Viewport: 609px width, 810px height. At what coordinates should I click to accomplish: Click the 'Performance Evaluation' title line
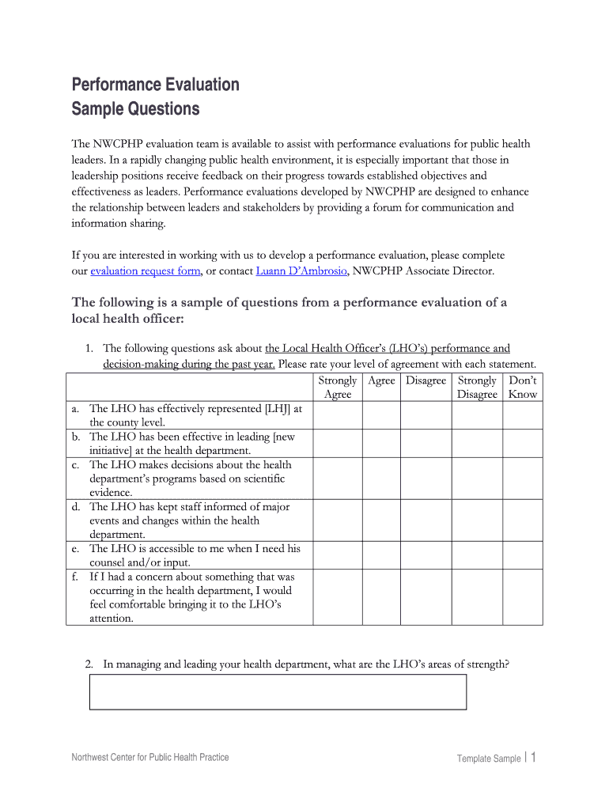tap(155, 85)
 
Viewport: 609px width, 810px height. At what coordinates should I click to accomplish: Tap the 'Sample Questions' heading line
tap(135, 108)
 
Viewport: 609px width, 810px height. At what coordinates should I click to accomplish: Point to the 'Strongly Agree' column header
tap(338, 387)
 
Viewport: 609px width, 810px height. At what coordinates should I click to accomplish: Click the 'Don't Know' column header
tap(523, 387)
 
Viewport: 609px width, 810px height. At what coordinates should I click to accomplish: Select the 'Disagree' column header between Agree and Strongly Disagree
tap(426, 380)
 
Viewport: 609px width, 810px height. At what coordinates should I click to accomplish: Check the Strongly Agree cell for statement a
tap(338, 415)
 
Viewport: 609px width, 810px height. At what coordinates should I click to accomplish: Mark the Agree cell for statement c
tap(381, 478)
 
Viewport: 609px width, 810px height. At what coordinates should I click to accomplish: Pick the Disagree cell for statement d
tap(426, 520)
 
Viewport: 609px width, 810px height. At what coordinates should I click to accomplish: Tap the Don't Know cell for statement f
tap(523, 597)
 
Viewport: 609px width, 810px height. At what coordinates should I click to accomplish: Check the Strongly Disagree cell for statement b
tap(477, 443)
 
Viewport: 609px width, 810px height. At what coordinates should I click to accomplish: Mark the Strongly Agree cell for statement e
tap(338, 555)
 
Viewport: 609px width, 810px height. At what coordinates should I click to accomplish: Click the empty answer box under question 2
tap(278, 692)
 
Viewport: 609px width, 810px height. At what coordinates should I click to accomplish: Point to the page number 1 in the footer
tap(534, 758)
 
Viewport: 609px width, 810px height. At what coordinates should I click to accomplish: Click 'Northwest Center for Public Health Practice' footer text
tap(150, 758)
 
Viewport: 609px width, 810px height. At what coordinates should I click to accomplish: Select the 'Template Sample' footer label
tap(488, 759)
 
